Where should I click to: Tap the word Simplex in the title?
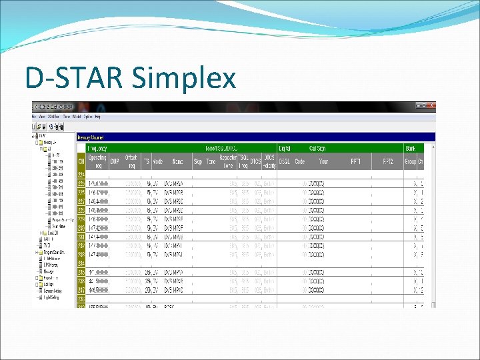(x=185, y=79)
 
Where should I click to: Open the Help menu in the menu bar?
(x=97, y=117)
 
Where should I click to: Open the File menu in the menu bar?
(x=34, y=117)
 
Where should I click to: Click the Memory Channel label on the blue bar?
(x=92, y=137)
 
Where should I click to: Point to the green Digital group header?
(x=285, y=148)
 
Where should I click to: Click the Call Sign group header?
(x=318, y=148)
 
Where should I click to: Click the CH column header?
(x=81, y=161)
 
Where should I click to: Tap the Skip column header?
(x=198, y=161)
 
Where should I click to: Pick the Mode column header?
(x=158, y=161)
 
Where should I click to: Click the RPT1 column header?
(x=357, y=161)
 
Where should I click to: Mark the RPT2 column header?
(x=388, y=161)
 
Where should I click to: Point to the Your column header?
(x=323, y=161)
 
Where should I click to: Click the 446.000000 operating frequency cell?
(x=98, y=289)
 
